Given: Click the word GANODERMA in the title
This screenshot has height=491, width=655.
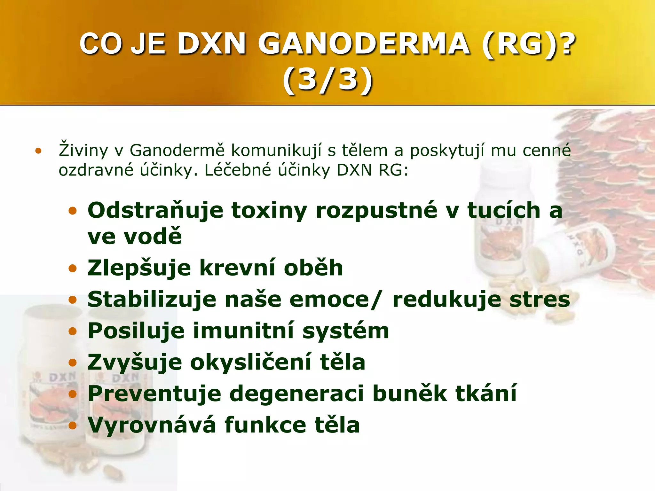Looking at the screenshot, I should pos(364,44).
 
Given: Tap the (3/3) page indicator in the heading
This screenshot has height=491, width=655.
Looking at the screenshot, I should pos(327,80).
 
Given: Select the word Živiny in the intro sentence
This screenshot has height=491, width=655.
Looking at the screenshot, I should pos(83,150).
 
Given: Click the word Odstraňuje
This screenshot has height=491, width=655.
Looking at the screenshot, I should pos(155,211).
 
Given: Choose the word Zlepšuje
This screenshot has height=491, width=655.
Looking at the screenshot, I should pos(139,268).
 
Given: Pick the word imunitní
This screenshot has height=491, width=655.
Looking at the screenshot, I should pos(243,331).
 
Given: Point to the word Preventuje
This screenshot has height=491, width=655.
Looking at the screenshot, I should pos(154,394).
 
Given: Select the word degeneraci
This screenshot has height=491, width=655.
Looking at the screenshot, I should pos(297,394).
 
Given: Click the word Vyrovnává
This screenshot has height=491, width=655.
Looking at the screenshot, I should pos(152,425).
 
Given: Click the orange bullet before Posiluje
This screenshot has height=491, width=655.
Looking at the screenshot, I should pos(73,331).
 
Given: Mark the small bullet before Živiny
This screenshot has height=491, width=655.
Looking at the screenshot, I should pos(39,151).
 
